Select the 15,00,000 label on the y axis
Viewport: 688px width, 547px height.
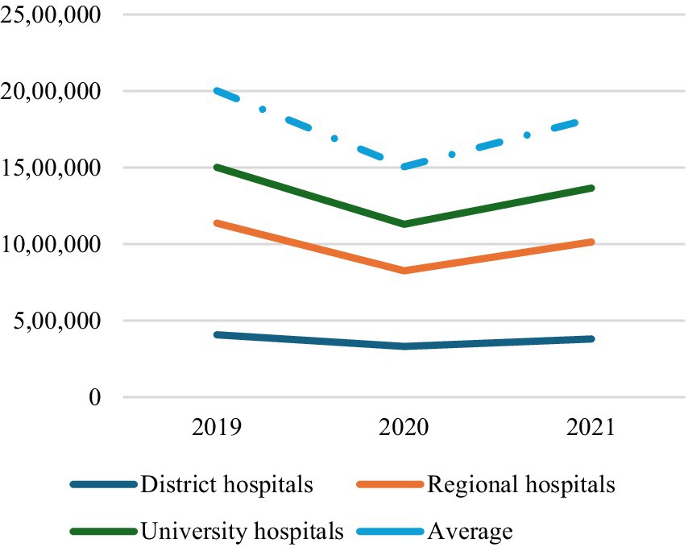(51, 168)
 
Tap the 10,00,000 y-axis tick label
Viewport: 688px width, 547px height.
(51, 244)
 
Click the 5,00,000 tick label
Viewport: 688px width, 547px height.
(57, 321)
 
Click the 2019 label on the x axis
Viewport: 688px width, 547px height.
(216, 427)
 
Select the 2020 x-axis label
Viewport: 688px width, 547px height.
(404, 427)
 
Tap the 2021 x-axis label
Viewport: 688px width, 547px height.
(591, 427)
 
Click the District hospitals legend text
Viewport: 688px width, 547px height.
(226, 484)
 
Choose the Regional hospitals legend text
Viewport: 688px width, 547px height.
(521, 484)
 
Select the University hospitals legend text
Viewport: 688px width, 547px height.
(242, 531)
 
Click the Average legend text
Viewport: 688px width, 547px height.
(470, 531)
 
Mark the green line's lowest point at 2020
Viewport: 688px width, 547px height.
(404, 224)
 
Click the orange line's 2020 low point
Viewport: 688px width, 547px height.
(404, 271)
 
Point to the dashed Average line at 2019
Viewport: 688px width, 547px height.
(217, 91)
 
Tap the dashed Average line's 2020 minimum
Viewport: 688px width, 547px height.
(404, 167)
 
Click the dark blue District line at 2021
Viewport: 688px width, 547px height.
(591, 339)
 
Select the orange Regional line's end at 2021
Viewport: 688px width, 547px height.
(591, 242)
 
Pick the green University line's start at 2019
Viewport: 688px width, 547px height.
(217, 168)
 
